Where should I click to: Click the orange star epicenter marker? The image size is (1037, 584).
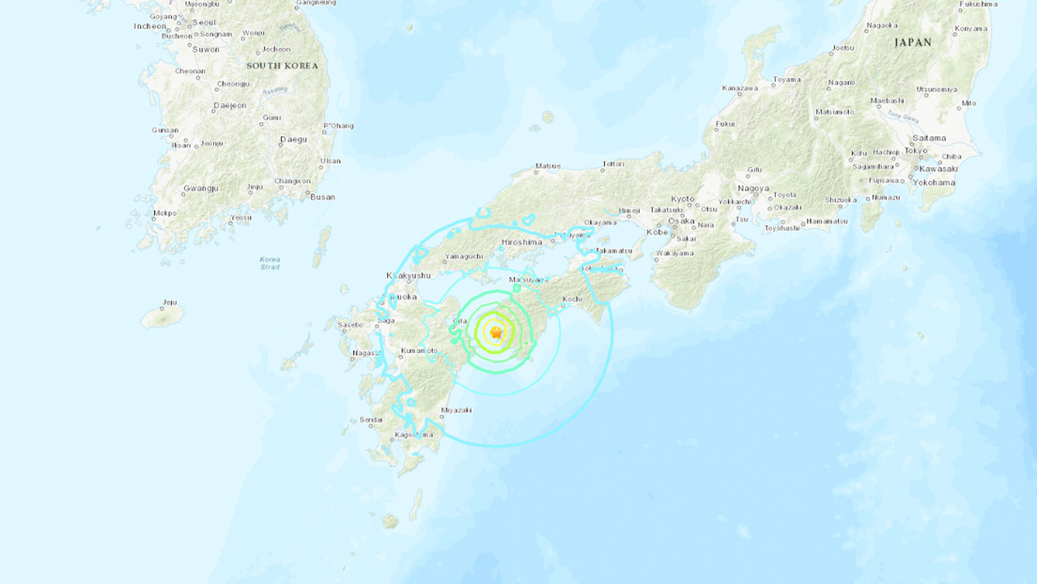coord(496,332)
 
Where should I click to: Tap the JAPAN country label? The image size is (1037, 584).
coord(912,42)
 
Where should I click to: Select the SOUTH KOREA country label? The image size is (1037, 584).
coord(283,66)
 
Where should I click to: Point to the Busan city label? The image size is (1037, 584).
coord(322,197)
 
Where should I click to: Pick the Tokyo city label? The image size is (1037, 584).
coord(917,150)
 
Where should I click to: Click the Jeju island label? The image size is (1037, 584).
coord(169,302)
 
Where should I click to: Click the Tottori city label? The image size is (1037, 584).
coord(612,164)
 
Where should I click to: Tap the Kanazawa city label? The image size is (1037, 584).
coord(740,88)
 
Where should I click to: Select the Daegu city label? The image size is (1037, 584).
coord(294,140)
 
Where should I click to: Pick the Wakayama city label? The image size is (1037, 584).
coord(674,253)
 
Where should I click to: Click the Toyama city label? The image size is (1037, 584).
coord(784,80)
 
